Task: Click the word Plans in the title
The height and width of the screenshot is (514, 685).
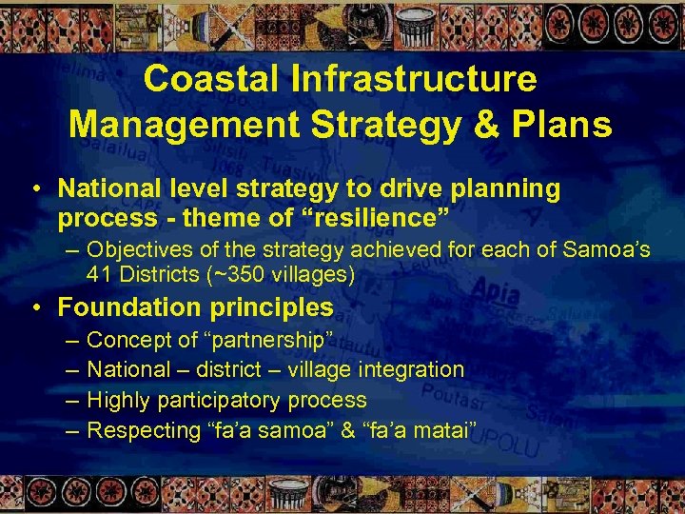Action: [556, 124]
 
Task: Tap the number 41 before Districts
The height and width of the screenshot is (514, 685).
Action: [99, 276]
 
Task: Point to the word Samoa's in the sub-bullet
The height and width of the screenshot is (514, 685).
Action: [610, 251]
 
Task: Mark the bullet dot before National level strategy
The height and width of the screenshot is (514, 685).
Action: [36, 189]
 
